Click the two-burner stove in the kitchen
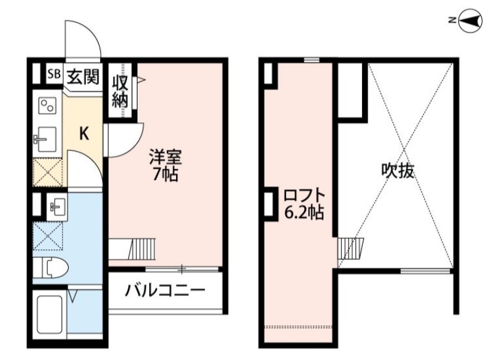click(x=46, y=106)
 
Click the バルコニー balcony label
click(x=164, y=290)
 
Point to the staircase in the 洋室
click(x=142, y=248)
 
